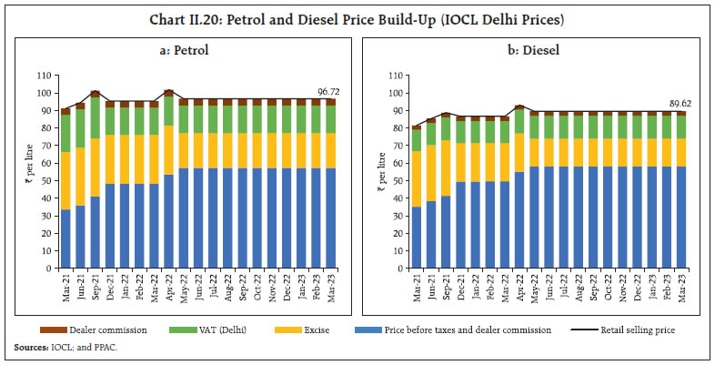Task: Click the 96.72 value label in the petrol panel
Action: coord(327,92)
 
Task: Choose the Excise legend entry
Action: coord(333,330)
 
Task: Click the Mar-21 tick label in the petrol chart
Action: coord(65,290)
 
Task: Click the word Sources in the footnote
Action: coord(29,347)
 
